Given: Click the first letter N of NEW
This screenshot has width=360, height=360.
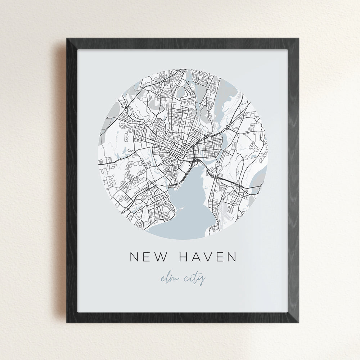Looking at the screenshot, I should pos(134,257).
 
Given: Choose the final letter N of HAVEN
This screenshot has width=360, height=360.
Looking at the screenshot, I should pos(231,257).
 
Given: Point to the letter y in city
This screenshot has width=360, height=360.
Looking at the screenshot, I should pos(202,281).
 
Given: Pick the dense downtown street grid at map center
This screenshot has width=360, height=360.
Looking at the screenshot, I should pos(173,148).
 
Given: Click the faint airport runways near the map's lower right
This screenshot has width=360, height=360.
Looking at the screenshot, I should pos(230,212).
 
